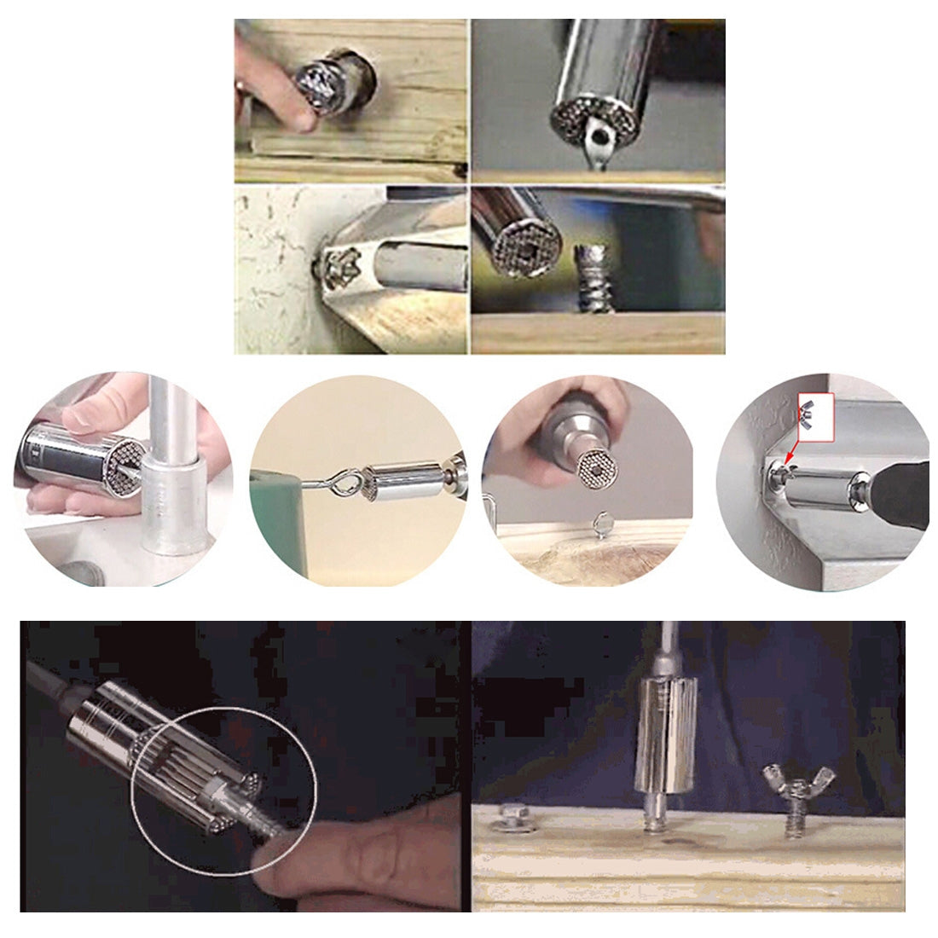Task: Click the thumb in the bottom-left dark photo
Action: pos(358,853)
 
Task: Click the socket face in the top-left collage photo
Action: pos(320,83)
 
